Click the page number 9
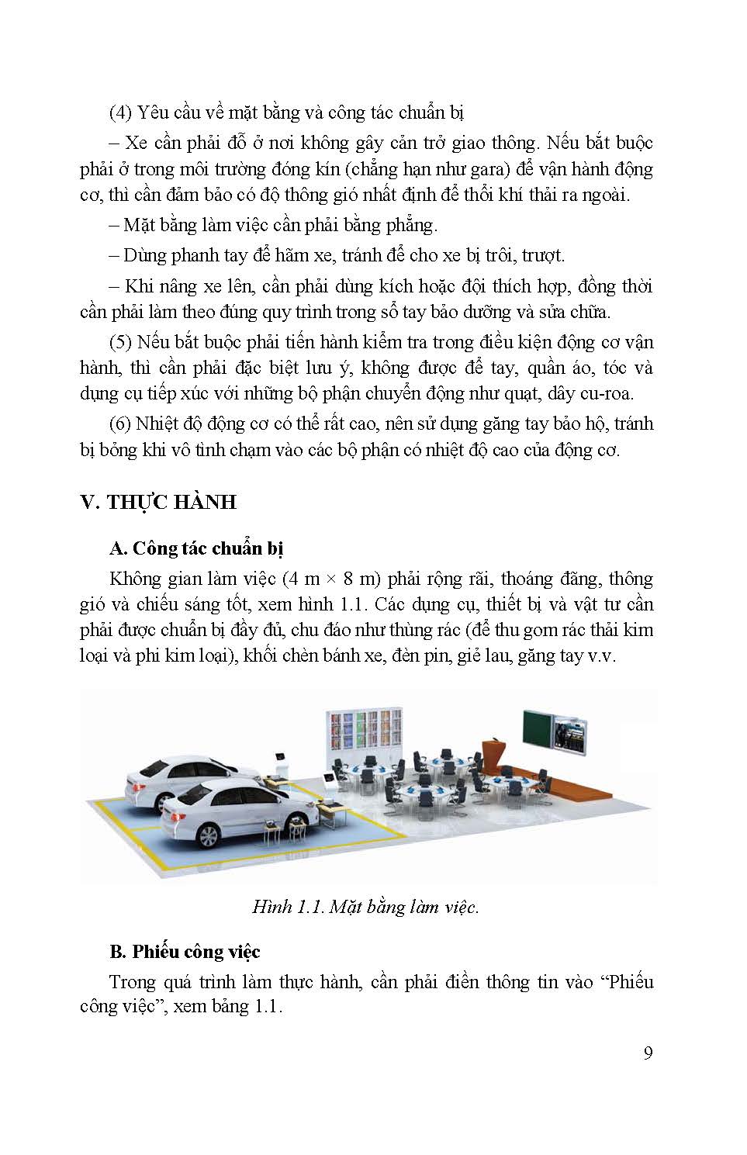pyautogui.click(x=648, y=1053)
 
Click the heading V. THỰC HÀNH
pyautogui.click(x=158, y=502)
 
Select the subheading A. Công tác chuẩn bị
pyautogui.click(x=196, y=548)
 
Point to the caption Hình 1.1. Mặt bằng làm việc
pyautogui.click(x=365, y=907)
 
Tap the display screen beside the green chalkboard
pyautogui.click(x=572, y=732)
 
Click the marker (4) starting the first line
pyautogui.click(x=121, y=112)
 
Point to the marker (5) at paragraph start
pyautogui.click(x=121, y=342)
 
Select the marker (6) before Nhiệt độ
pyautogui.click(x=120, y=424)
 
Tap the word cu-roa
pyautogui.click(x=626, y=393)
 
